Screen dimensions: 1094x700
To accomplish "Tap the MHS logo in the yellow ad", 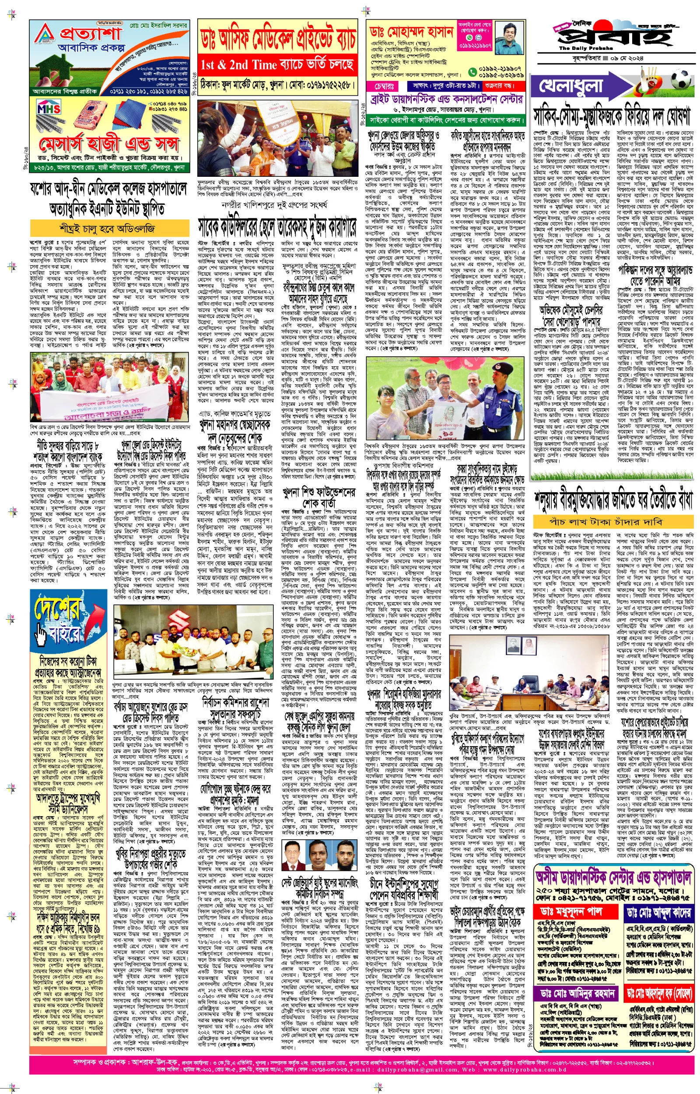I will pos(49,109).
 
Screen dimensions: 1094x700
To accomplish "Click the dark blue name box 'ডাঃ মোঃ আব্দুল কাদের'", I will pos(658,911).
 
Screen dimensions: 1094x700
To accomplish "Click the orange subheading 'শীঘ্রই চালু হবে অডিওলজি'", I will pos(109,228).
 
